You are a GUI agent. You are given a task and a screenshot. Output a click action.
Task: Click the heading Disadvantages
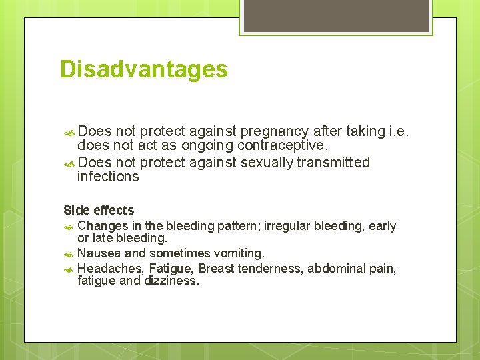click(143, 69)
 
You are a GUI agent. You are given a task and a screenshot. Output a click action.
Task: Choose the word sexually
click(265, 163)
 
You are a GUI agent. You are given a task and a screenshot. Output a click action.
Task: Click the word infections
click(108, 177)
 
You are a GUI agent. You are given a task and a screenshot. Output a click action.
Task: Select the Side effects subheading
click(99, 210)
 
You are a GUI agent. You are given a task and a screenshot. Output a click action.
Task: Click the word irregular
click(287, 226)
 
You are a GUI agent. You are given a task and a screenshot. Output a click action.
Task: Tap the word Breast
click(216, 268)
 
